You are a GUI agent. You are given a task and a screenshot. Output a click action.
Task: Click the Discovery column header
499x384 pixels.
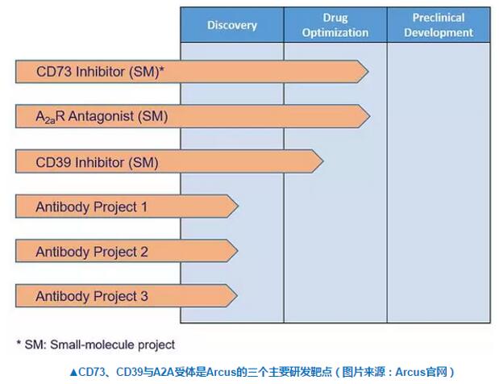[x=231, y=25]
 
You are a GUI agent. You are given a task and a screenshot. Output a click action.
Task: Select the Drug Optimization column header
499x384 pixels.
[x=335, y=25]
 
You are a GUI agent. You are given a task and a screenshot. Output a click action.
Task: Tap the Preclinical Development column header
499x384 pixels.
[x=439, y=25]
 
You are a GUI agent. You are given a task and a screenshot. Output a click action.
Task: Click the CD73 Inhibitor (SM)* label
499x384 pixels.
[x=100, y=72]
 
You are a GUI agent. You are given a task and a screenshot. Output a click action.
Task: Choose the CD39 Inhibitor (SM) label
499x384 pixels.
[x=97, y=162]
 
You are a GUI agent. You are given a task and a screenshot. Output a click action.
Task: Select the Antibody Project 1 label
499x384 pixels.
[x=91, y=207]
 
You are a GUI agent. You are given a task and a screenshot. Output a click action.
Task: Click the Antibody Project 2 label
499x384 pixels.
[x=91, y=252]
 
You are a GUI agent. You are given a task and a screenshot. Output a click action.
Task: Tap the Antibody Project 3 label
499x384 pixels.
[x=91, y=296]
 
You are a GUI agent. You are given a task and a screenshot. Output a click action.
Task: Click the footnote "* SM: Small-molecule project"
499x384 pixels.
[x=95, y=344]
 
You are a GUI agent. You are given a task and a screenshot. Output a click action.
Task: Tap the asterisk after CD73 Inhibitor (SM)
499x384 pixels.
[x=161, y=70]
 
